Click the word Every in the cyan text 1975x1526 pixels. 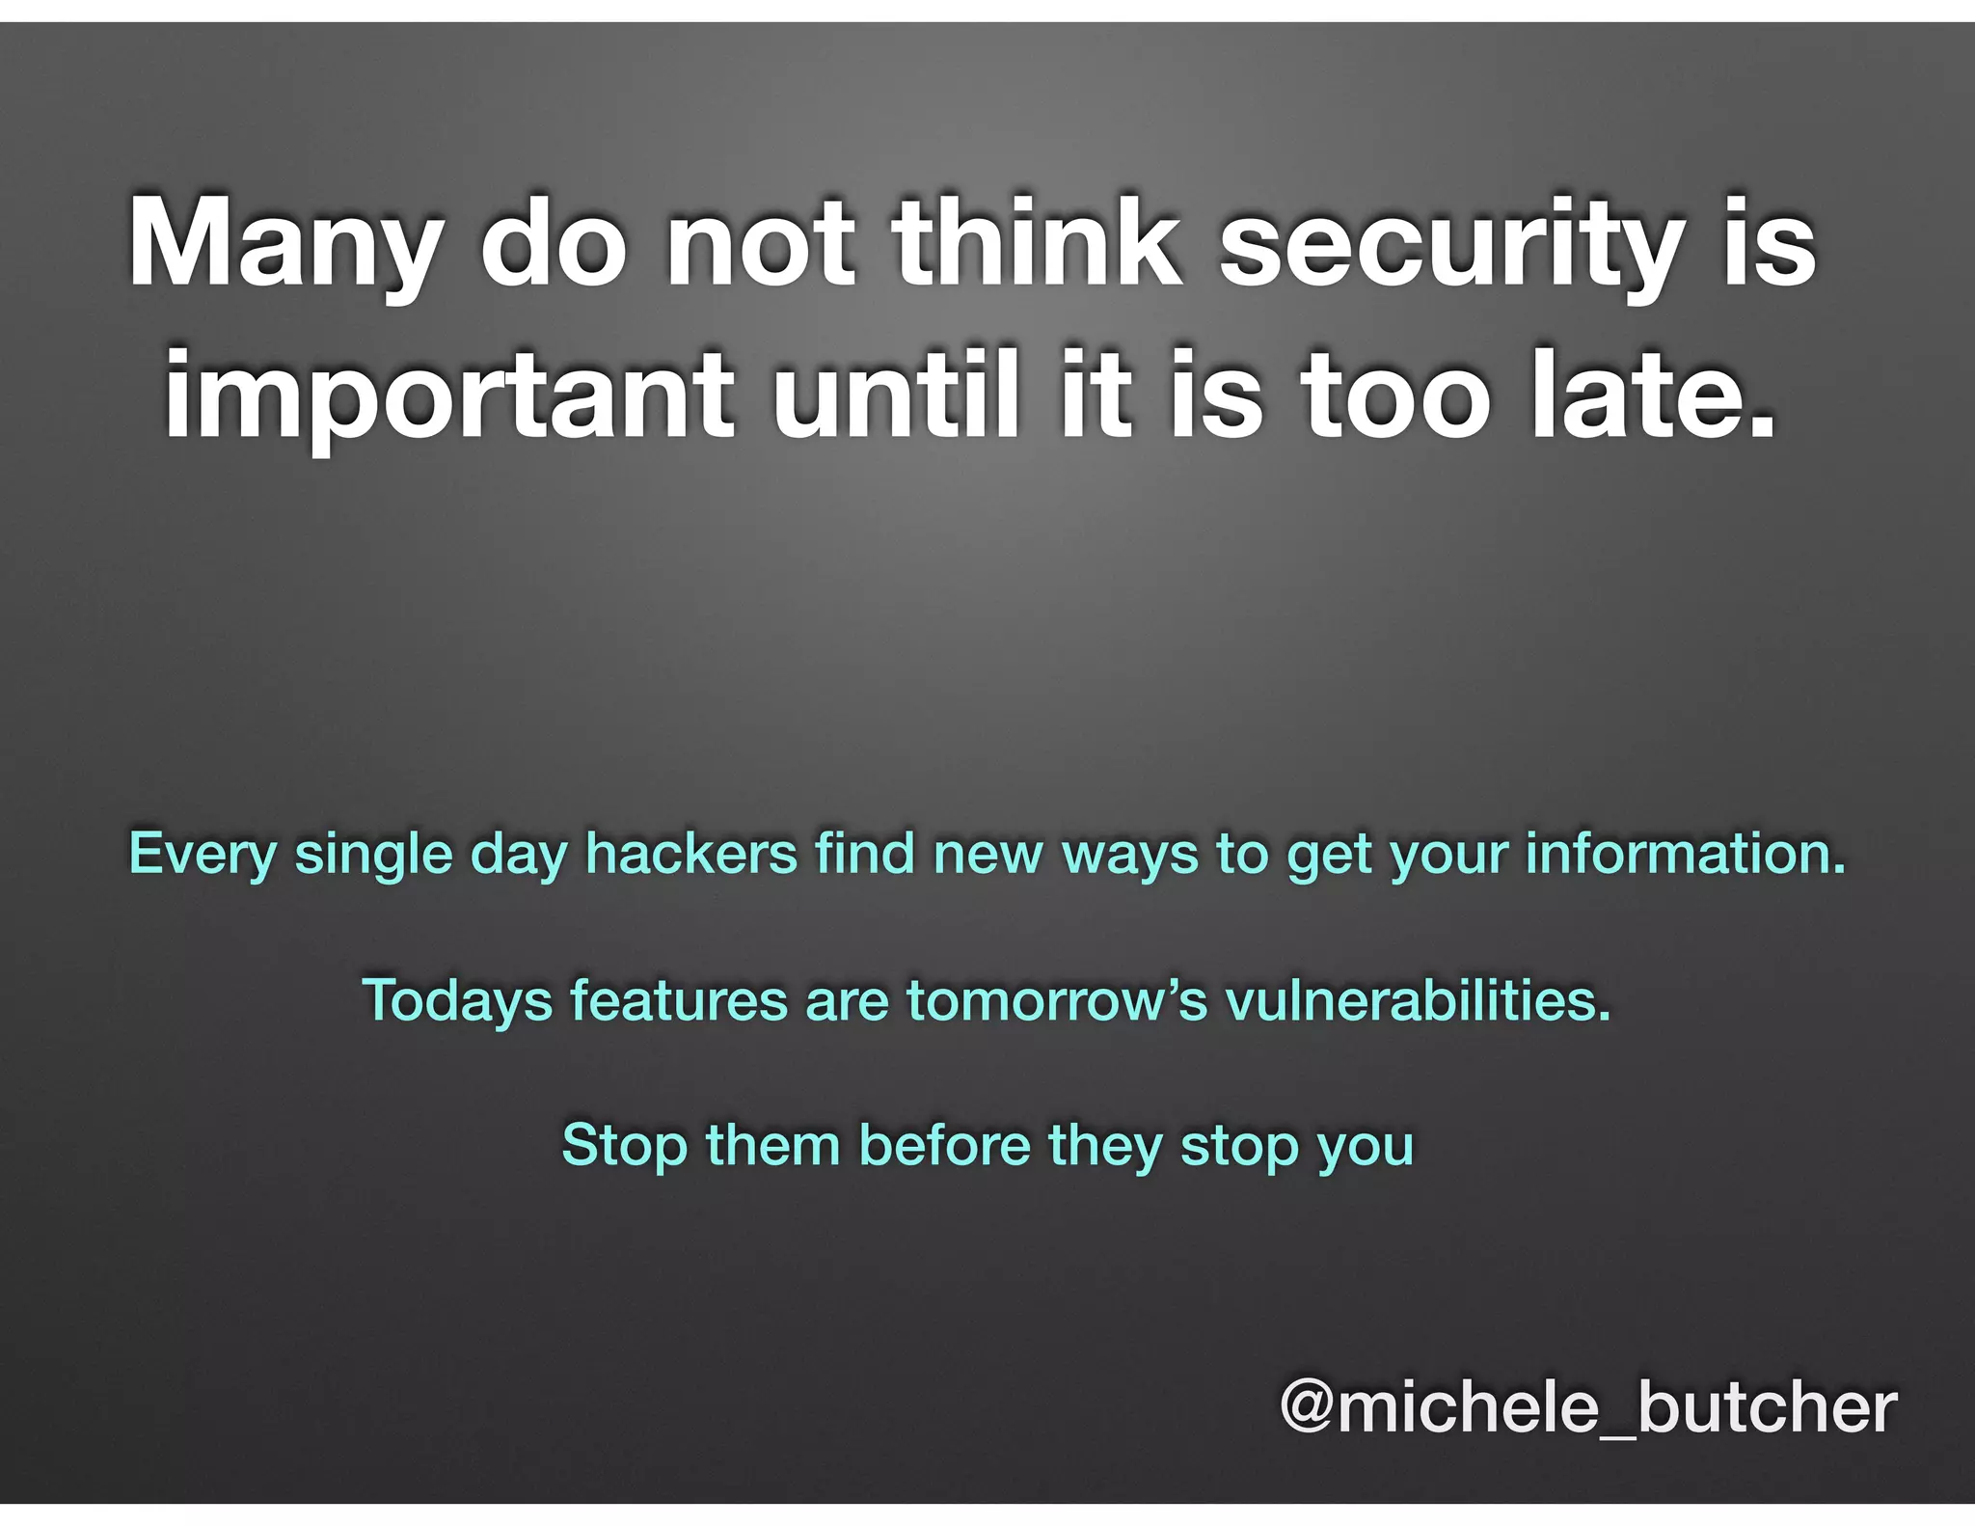[203, 855]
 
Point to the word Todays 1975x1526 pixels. [457, 1000]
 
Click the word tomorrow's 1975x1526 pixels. [1056, 999]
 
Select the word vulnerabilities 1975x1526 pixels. [1418, 999]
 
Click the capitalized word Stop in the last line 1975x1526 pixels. [625, 1145]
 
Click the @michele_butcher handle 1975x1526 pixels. [1587, 1407]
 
